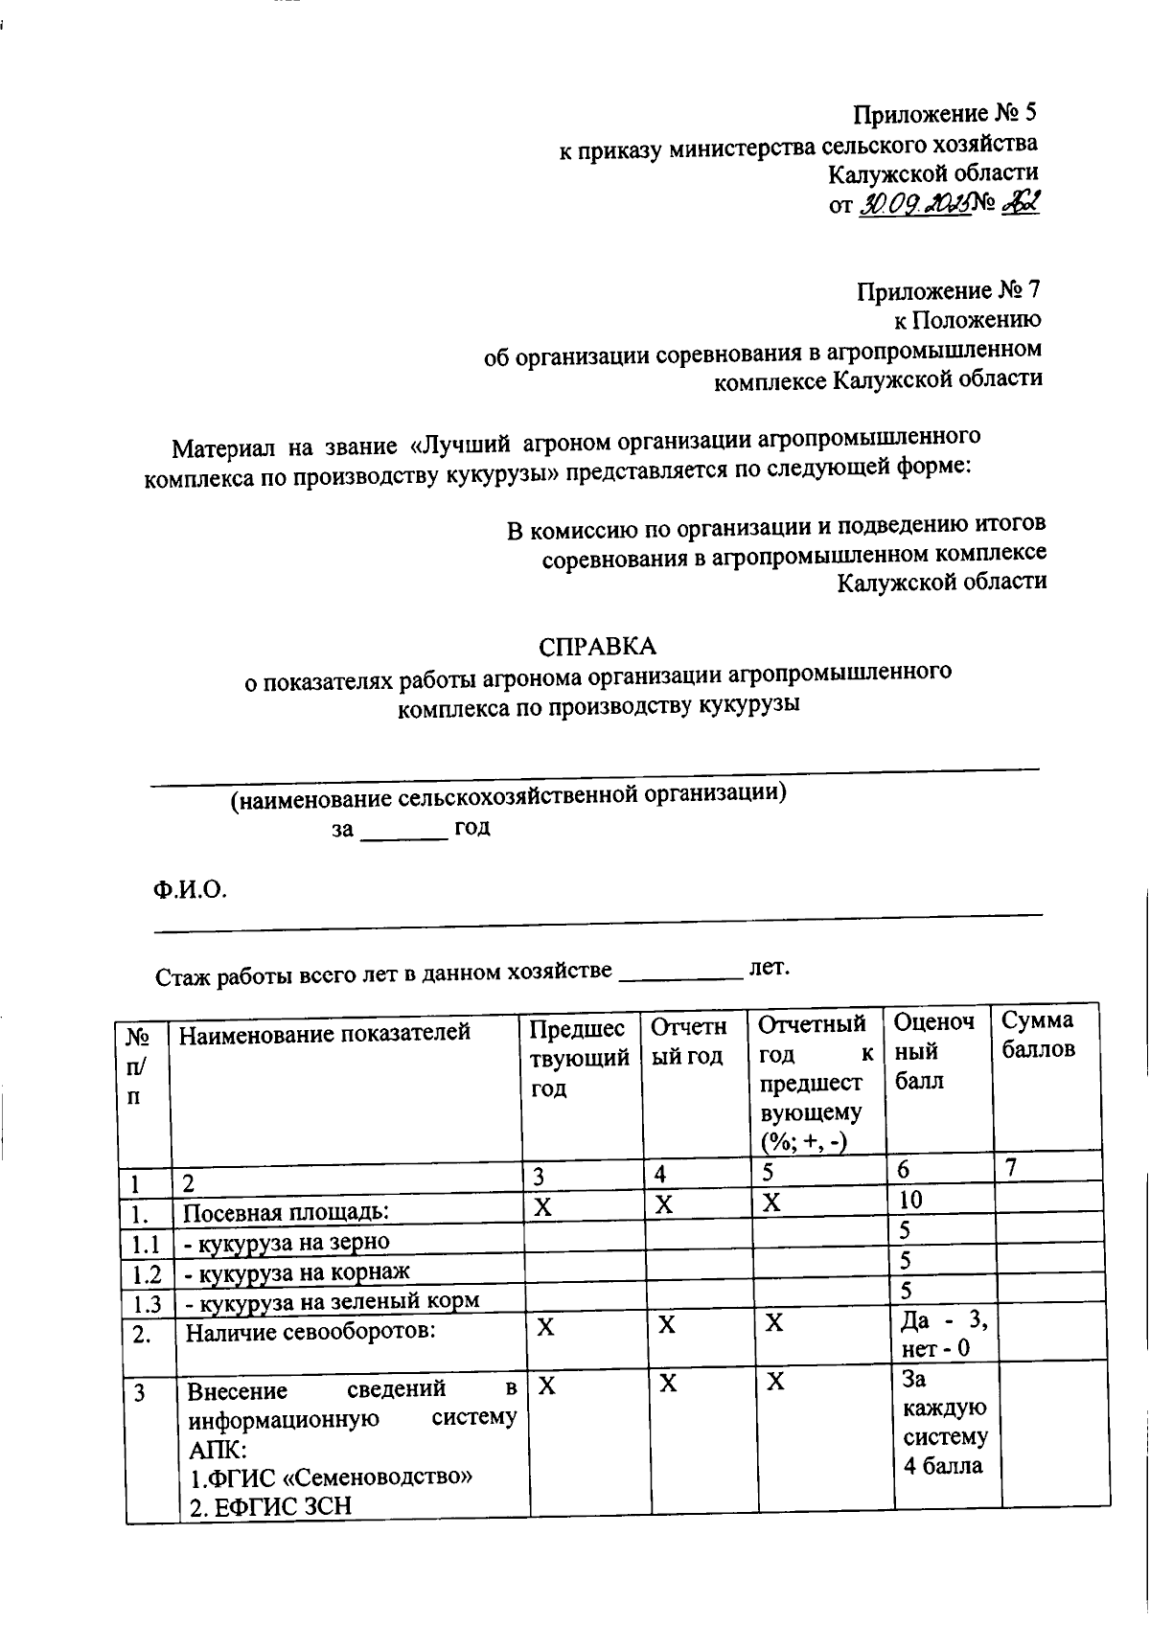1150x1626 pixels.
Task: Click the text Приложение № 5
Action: [x=946, y=114]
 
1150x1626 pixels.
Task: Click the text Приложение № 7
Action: [x=949, y=290]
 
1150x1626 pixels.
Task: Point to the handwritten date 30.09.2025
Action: [x=911, y=203]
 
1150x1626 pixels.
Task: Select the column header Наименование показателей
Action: [x=325, y=1034]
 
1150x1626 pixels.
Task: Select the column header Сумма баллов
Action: [x=1038, y=1036]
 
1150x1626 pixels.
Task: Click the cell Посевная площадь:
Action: [x=286, y=1212]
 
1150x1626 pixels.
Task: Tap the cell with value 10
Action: [x=911, y=1200]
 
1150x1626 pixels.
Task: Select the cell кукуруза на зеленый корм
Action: [x=331, y=1301]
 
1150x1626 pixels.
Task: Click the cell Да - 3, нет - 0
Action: [x=943, y=1335]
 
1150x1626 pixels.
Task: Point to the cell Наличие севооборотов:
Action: [x=310, y=1332]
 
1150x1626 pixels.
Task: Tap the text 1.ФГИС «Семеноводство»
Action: [x=330, y=1477]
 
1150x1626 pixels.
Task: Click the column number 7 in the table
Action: [x=1010, y=1167]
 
